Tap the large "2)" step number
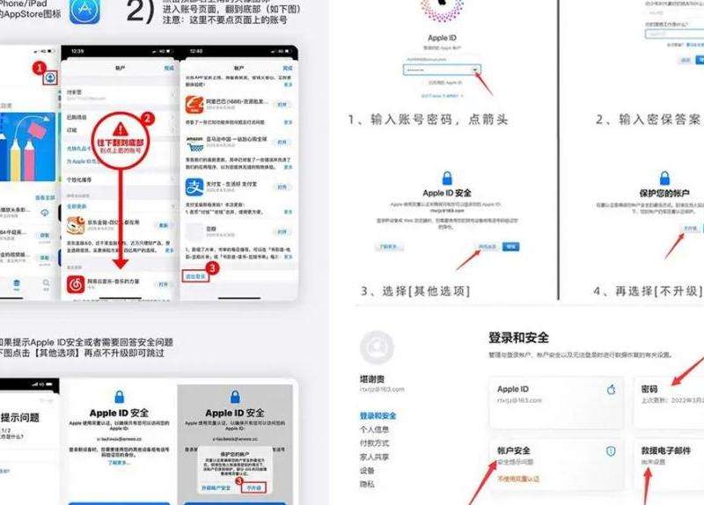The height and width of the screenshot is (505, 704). click(143, 11)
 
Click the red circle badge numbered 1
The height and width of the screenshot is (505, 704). click(39, 67)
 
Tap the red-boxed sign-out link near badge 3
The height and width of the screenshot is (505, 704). click(195, 276)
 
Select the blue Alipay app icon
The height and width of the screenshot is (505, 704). click(194, 187)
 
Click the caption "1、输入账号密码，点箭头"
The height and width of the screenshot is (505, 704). click(434, 119)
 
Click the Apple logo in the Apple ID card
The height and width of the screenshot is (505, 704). click(612, 389)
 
